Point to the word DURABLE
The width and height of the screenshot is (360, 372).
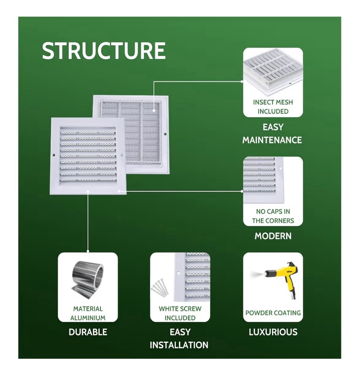(x=88, y=332)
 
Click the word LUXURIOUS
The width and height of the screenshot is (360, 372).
(x=273, y=332)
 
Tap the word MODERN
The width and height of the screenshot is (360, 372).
(x=273, y=236)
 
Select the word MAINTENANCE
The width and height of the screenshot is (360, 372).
(x=272, y=140)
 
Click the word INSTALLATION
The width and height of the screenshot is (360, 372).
(x=179, y=345)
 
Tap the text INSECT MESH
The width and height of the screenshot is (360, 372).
(x=273, y=102)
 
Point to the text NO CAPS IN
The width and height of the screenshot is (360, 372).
(x=273, y=212)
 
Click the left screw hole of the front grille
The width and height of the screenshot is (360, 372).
(x=54, y=155)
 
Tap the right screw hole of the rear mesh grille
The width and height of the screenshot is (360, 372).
(x=165, y=134)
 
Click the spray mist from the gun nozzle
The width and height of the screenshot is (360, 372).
(x=257, y=275)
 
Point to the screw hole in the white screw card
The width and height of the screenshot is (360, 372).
(x=178, y=273)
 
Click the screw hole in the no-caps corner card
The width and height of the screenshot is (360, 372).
(x=280, y=168)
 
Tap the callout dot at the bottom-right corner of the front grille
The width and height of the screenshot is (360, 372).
(x=119, y=191)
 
